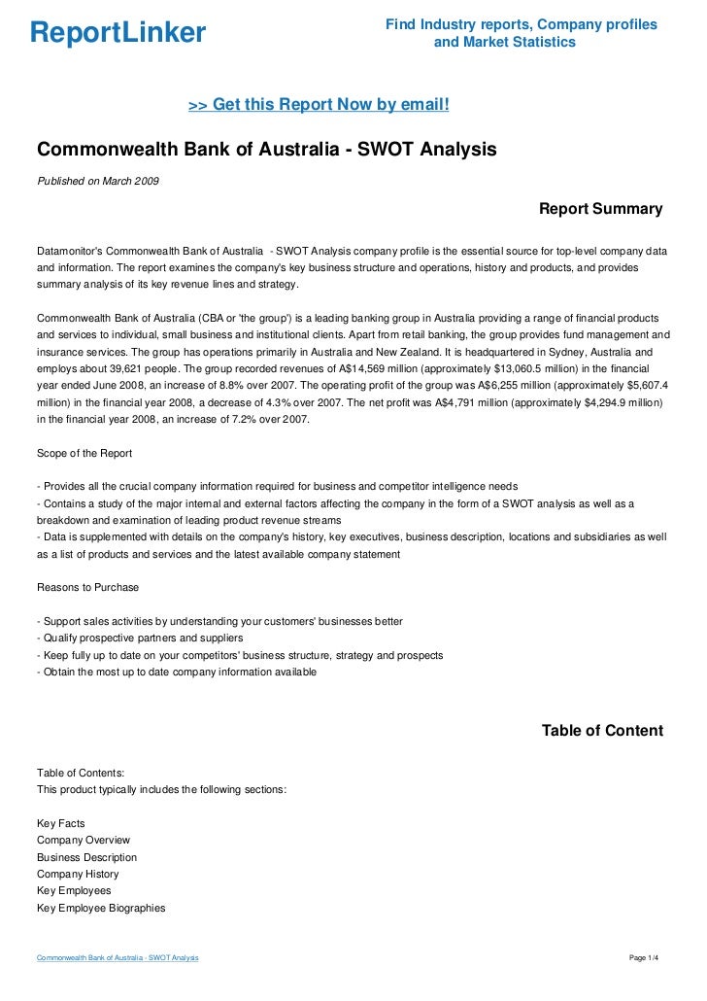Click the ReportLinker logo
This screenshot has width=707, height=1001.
[118, 33]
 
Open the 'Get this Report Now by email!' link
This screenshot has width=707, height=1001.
[319, 104]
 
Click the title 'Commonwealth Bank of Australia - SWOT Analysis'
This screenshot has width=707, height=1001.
[266, 151]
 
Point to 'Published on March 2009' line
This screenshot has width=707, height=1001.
[98, 181]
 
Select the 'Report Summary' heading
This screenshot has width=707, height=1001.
[600, 209]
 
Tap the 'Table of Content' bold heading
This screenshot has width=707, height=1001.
[602, 731]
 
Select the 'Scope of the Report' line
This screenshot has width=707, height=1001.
[84, 454]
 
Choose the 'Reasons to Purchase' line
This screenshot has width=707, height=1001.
[87, 587]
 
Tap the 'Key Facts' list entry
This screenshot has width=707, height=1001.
[60, 823]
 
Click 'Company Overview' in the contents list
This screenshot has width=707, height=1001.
[84, 840]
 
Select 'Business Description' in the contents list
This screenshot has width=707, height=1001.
[86, 857]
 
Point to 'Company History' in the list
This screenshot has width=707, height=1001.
[78, 874]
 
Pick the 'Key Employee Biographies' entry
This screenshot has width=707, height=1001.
[101, 908]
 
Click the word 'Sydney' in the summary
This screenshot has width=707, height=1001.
[534, 354]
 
